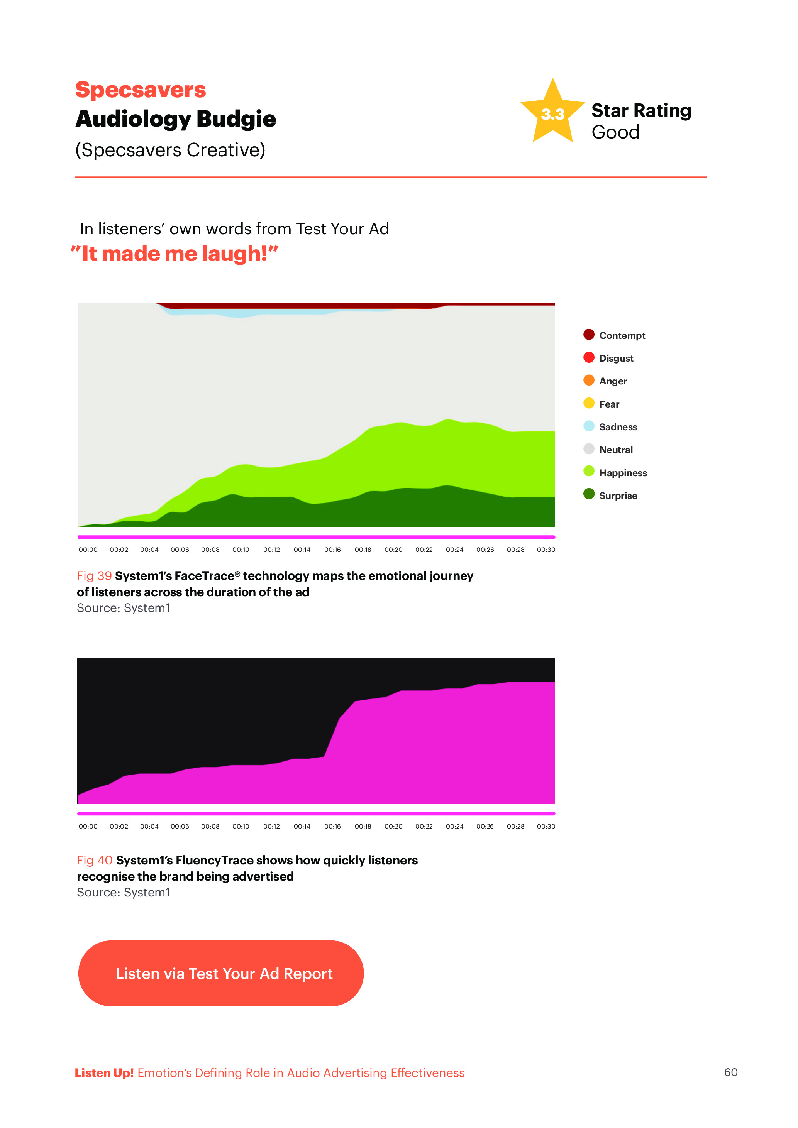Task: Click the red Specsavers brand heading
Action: click(141, 90)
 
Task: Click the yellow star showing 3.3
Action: click(552, 113)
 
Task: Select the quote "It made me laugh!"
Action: click(175, 254)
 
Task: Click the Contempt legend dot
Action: click(589, 335)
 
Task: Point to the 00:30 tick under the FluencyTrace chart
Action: click(546, 826)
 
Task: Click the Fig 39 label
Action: click(94, 576)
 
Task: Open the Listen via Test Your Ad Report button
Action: click(221, 973)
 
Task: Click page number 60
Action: click(731, 1072)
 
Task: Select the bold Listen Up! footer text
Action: click(104, 1073)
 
